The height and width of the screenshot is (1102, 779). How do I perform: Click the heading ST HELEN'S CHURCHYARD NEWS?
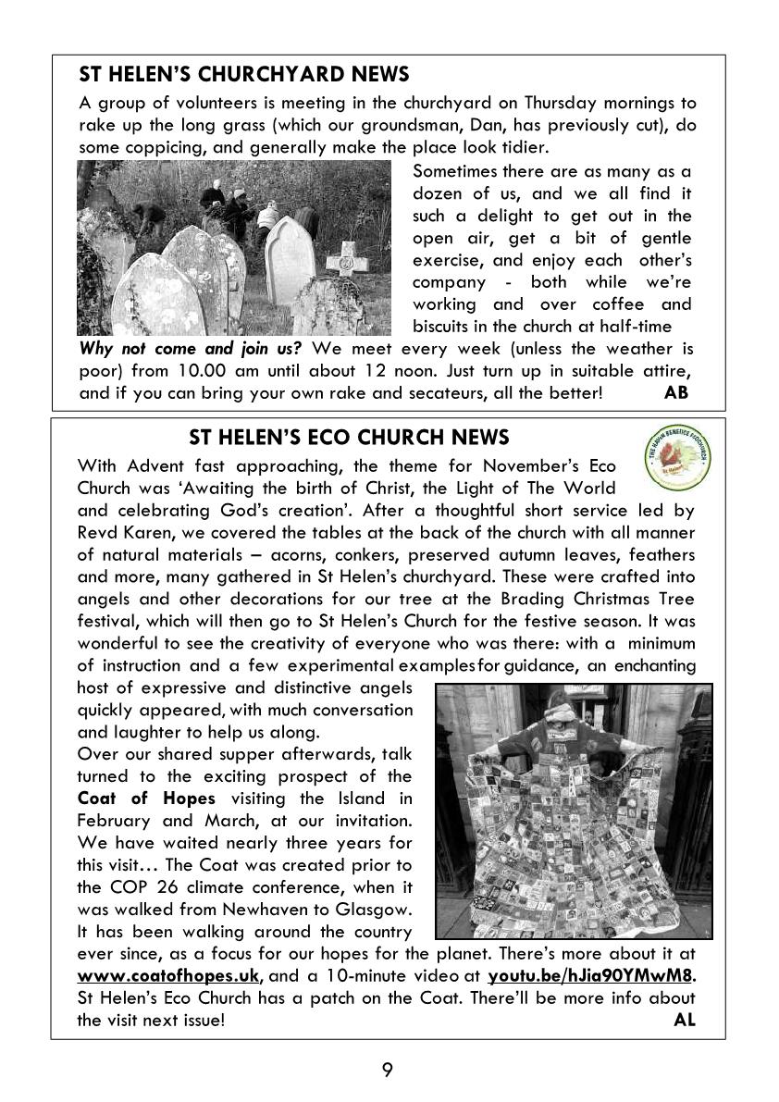pos(244,74)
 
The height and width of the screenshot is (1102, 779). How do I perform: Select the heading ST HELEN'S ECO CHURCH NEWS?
pos(349,437)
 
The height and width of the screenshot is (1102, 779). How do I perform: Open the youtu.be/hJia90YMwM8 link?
pos(590,976)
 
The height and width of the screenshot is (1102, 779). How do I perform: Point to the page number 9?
pos(388,1071)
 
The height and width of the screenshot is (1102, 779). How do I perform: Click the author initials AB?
pos(676,393)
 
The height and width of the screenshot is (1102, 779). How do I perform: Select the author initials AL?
pos(685,1021)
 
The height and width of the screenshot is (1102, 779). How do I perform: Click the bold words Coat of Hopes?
pos(146,799)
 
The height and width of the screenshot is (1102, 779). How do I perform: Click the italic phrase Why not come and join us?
pos(192,349)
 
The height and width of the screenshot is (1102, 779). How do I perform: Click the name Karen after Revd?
pos(142,532)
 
